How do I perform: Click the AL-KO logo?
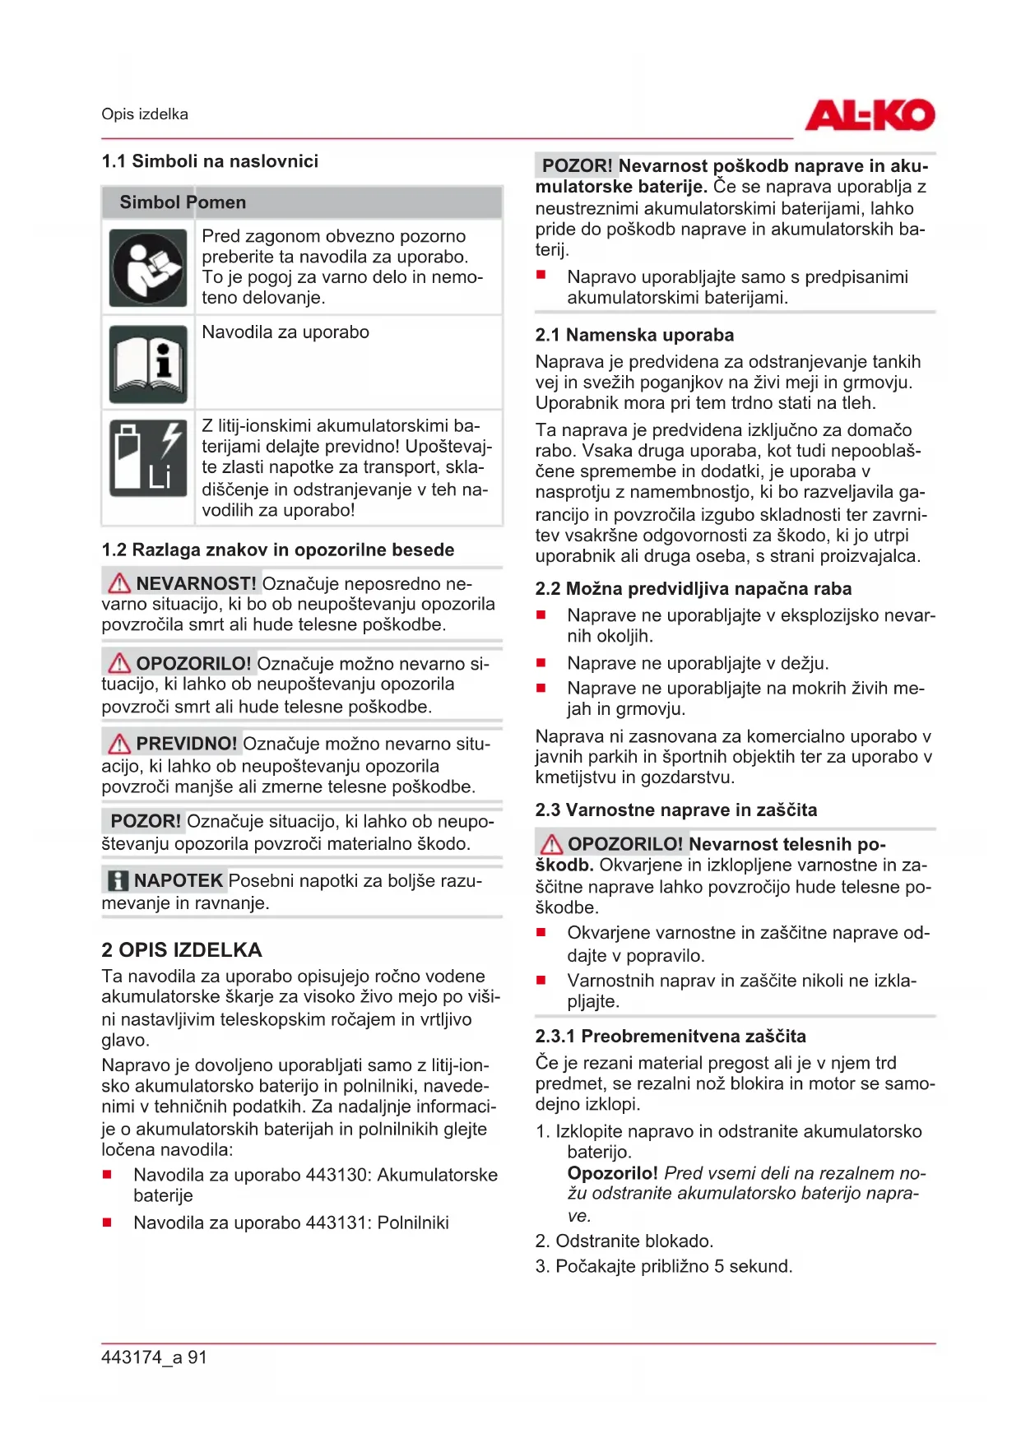coord(869,115)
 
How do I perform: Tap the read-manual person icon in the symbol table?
coord(148,268)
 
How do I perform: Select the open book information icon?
coord(148,364)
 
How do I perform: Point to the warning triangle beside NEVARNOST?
coord(119,583)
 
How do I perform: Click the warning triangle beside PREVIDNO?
coord(119,744)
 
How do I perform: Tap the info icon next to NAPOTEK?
coord(118,881)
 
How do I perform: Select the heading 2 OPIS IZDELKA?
coord(181,950)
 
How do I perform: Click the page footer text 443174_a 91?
coord(154,1357)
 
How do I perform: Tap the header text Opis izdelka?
coord(145,114)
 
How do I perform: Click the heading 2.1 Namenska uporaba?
coord(633,335)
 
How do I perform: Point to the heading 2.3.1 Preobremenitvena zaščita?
coord(670,1036)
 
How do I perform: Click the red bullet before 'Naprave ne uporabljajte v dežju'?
coord(541,662)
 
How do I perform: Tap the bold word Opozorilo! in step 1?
coord(612,1173)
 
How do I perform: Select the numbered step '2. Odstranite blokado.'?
coord(624,1241)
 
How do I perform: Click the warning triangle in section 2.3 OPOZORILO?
coord(551,844)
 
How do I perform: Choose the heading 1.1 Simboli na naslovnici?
coord(209,161)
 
